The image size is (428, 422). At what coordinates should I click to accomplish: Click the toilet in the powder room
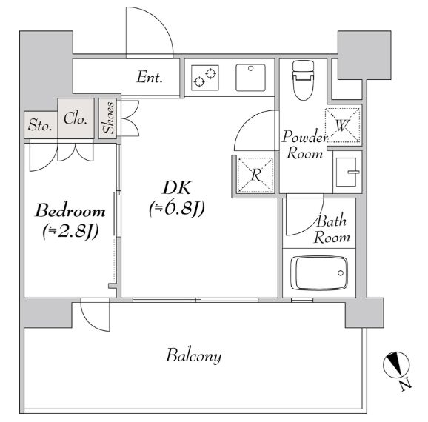point(303,81)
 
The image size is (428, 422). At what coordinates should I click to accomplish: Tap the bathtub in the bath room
point(319,272)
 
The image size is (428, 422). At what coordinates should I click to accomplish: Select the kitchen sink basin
point(250,78)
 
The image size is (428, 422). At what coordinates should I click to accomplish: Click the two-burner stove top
point(205,78)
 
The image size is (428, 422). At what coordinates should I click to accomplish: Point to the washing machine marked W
point(343,125)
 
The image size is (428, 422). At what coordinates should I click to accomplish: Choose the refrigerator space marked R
point(255,175)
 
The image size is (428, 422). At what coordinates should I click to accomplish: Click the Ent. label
point(150,77)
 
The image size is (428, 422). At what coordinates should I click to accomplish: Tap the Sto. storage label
point(40,125)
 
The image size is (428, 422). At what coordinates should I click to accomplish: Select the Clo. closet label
point(76,118)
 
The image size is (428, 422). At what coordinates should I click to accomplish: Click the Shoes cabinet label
point(108,118)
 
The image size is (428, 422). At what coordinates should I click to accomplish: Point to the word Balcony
point(194,356)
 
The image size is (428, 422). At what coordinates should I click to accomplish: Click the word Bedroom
point(70,211)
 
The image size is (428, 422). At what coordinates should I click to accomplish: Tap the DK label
point(176,187)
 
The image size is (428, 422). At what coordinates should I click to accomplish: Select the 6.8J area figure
point(177,209)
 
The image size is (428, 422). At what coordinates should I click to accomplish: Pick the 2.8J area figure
point(70,232)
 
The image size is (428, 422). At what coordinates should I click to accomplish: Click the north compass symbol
point(396,365)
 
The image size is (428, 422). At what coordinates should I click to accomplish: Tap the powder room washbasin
point(346,173)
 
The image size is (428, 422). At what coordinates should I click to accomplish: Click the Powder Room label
point(304,144)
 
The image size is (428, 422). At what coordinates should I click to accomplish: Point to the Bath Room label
point(332,229)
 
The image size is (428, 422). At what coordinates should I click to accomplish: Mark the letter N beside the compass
point(405,385)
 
